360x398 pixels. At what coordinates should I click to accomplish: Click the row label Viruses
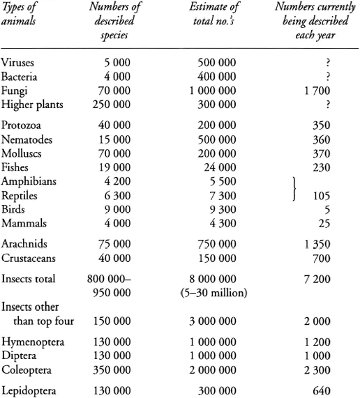click(17, 63)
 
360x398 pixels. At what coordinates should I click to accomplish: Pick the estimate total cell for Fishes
click(217, 167)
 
